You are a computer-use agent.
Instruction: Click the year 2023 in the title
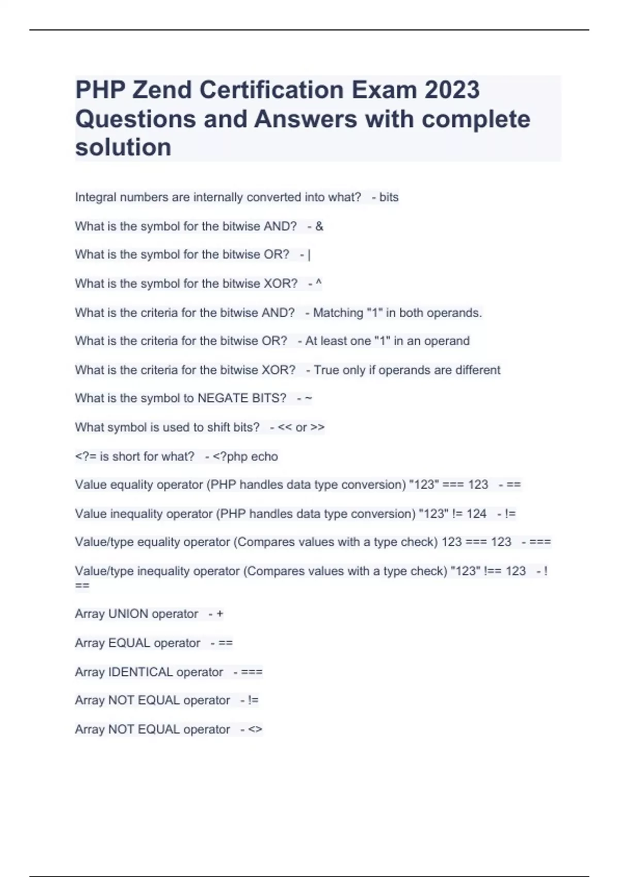pyautogui.click(x=452, y=90)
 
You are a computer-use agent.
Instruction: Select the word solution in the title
pyautogui.click(x=123, y=148)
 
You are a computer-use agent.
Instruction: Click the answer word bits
pyautogui.click(x=388, y=197)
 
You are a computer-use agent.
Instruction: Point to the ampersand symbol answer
pyautogui.click(x=319, y=226)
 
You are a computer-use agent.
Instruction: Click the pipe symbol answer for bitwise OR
pyautogui.click(x=308, y=255)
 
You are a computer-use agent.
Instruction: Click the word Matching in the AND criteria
pyautogui.click(x=338, y=313)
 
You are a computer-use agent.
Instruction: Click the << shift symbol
pyautogui.click(x=284, y=427)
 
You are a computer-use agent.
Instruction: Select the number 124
pyautogui.click(x=476, y=514)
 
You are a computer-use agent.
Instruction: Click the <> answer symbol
pyautogui.click(x=255, y=729)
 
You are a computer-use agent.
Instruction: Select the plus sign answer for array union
pyautogui.click(x=220, y=614)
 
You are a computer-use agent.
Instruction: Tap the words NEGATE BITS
pyautogui.click(x=242, y=398)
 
